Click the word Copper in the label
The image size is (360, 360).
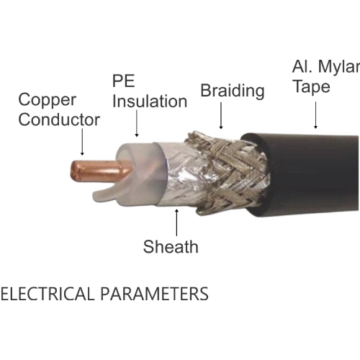pyautogui.click(x=48, y=100)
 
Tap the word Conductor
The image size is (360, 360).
pyautogui.click(x=59, y=120)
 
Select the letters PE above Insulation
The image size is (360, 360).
pyautogui.click(x=123, y=81)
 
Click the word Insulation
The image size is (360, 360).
pyautogui.click(x=150, y=102)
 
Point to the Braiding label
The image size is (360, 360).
pyautogui.click(x=233, y=91)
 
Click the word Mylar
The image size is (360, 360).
pyautogui.click(x=339, y=66)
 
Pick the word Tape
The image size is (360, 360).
pyautogui.click(x=312, y=87)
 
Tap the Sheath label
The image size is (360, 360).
pyautogui.click(x=171, y=246)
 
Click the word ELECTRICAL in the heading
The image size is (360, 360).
pyautogui.click(x=48, y=294)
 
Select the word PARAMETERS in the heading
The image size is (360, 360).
pyautogui.click(x=154, y=294)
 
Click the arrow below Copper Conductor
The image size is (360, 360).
pyautogui.click(x=82, y=142)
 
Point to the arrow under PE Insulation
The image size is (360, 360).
pyautogui.click(x=137, y=123)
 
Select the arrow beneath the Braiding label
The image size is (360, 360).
pyautogui.click(x=221, y=116)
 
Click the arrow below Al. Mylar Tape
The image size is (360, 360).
pyautogui.click(x=315, y=115)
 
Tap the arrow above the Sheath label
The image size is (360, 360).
pyautogui.click(x=177, y=222)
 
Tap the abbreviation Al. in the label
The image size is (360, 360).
pyautogui.click(x=302, y=66)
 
